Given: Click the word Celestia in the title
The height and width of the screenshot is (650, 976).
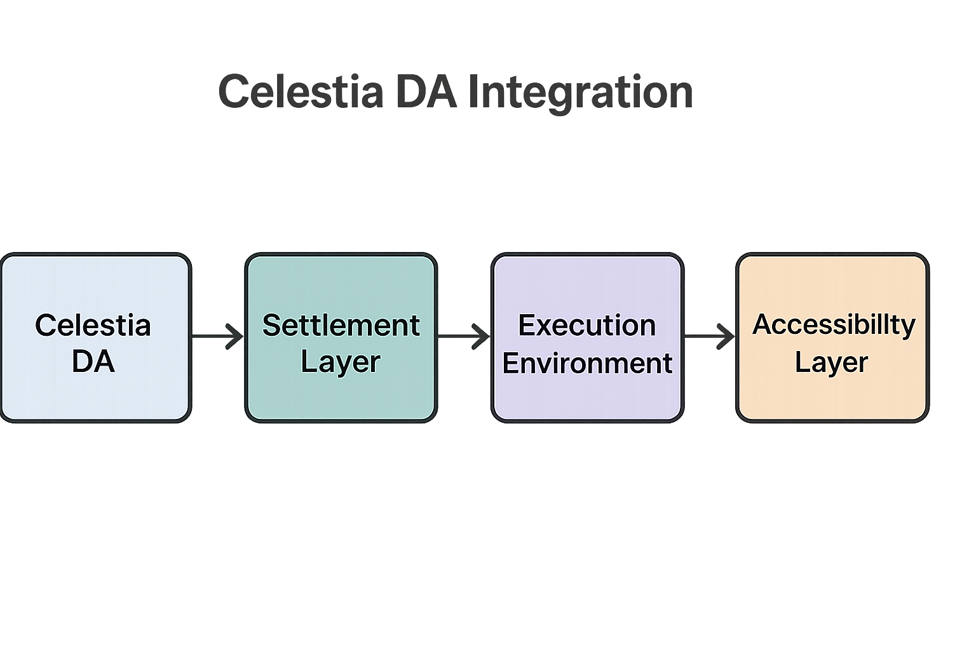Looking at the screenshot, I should tap(301, 91).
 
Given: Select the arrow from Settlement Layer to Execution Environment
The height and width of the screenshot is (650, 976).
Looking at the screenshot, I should tap(463, 336).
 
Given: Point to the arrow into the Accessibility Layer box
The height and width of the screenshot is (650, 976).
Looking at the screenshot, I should tap(709, 336).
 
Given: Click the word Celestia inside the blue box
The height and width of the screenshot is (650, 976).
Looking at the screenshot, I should tap(93, 326).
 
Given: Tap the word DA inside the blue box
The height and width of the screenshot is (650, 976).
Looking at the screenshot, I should tap(93, 362).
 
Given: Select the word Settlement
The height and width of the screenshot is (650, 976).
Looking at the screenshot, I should tap(341, 326).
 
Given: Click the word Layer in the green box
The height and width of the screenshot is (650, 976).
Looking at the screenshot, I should tap(341, 362).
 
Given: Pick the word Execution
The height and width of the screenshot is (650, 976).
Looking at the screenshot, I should tap(586, 326).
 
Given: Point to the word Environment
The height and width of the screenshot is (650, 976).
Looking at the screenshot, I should tap(587, 364).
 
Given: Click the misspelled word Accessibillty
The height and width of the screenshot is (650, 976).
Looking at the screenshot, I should tap(834, 324).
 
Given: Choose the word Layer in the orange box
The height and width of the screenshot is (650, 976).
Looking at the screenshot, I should tap(831, 362).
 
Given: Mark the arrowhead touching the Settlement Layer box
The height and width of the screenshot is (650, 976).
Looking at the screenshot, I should tap(235, 336).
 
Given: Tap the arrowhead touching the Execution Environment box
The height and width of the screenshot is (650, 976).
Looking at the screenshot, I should tap(481, 336).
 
